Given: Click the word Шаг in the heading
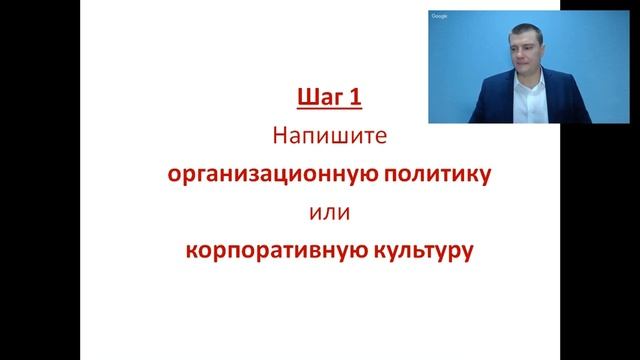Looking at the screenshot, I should [318, 98].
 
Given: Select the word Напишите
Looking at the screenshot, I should [327, 136].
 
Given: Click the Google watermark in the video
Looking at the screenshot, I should [439, 16].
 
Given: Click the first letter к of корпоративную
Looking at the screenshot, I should [190, 250].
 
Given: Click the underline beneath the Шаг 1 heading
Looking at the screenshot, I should [328, 109].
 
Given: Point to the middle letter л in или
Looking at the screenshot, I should [327, 213].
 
